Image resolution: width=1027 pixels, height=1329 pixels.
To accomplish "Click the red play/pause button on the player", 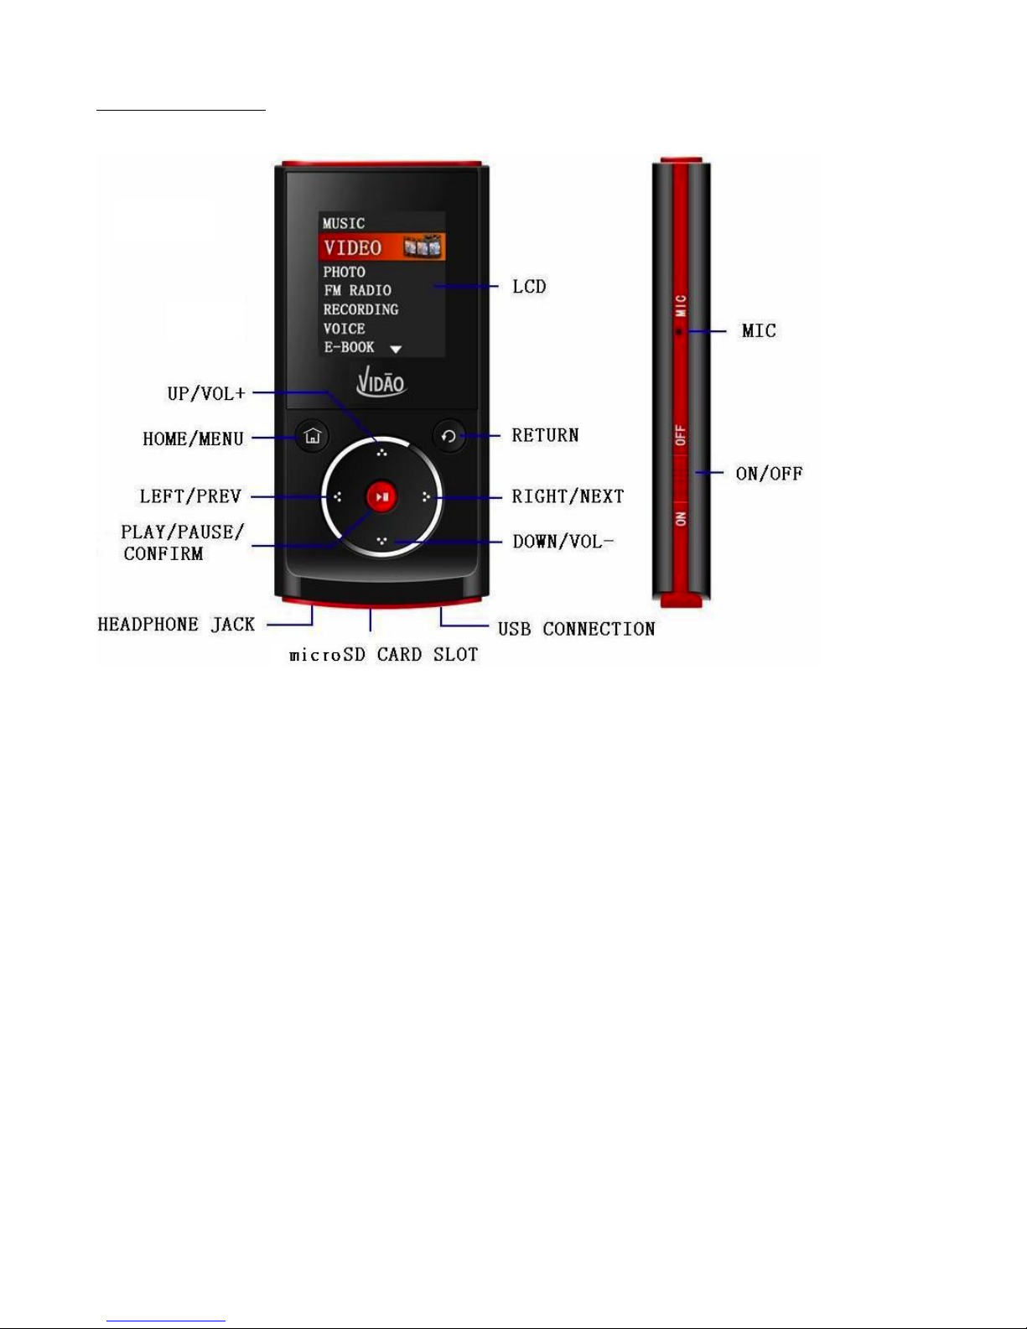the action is (382, 497).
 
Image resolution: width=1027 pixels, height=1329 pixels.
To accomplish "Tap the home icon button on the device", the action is (313, 436).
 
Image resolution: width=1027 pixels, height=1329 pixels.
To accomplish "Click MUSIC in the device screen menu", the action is (344, 223).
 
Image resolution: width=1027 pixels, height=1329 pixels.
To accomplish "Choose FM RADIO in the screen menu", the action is (357, 290).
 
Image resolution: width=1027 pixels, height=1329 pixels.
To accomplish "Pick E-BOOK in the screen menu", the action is (349, 346).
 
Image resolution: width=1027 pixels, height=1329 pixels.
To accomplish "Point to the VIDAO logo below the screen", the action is (381, 383).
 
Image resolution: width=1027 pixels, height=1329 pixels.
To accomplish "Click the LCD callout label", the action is (529, 287).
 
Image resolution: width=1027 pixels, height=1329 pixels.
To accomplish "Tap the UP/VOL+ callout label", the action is (206, 393).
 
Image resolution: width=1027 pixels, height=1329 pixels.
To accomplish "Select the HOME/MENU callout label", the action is (193, 439).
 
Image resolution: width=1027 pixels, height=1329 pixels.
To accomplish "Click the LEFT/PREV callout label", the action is (190, 496).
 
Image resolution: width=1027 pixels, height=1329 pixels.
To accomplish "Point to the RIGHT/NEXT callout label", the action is (568, 496).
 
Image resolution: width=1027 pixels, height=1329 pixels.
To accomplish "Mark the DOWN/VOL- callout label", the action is (563, 542).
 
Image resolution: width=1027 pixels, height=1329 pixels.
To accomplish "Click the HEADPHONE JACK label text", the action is (176, 625).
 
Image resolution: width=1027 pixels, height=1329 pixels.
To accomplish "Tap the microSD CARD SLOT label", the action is (383, 655).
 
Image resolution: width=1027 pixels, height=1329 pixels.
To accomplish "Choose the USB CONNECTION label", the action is (576, 629).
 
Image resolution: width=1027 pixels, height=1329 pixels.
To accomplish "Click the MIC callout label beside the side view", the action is (759, 331).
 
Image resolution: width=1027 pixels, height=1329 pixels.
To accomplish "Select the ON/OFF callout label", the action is (769, 474).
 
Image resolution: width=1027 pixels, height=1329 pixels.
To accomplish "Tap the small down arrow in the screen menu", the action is (397, 349).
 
